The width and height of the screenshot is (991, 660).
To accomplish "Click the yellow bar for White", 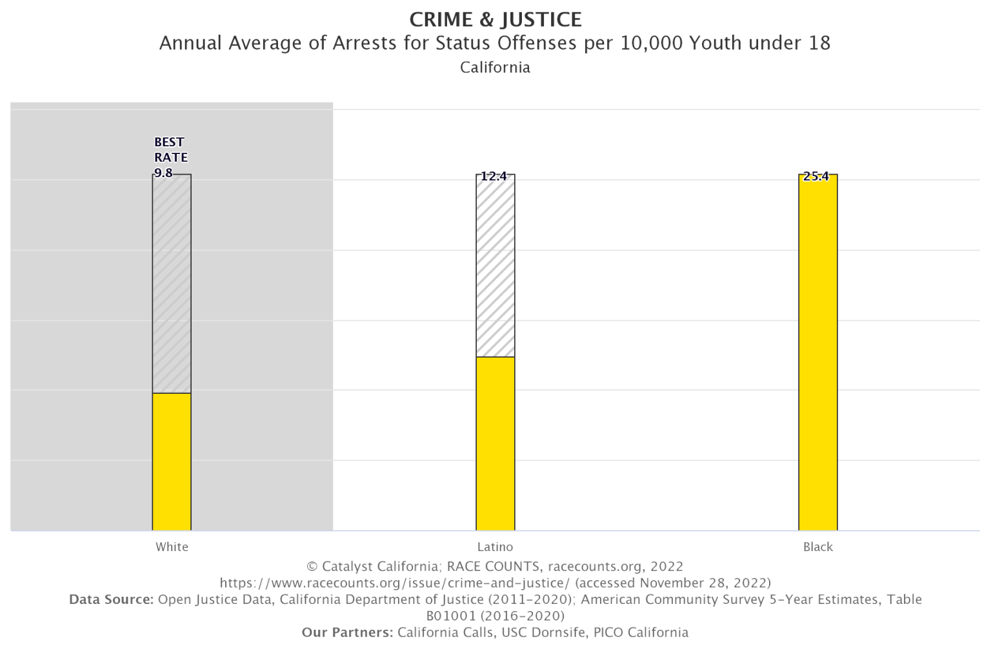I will coord(172,461).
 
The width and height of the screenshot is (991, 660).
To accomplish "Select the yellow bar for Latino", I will coord(495,443).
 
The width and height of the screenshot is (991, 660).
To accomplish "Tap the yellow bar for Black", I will coord(818,352).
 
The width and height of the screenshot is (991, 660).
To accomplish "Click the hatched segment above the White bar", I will coord(172,284).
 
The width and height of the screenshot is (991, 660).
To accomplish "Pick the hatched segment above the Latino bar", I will coord(495,266).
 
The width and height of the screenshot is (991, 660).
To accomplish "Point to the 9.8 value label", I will coord(163,173).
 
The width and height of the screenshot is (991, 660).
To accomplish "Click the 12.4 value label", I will coord(494,176).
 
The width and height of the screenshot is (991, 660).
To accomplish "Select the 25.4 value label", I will coord(816,177).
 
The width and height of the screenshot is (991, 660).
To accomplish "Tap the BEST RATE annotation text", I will coord(170,150).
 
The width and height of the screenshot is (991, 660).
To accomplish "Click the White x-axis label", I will coord(172,547).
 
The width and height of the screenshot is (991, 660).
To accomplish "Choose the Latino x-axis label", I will coord(495,547).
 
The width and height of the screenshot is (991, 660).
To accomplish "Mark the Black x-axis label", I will coord(818,547).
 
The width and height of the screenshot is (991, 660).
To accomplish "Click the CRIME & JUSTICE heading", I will coord(495,19).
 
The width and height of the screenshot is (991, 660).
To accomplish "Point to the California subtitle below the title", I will coord(495,67).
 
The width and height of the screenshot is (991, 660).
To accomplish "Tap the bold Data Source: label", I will coord(111,599).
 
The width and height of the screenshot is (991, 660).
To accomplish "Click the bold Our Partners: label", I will coord(347,632).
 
